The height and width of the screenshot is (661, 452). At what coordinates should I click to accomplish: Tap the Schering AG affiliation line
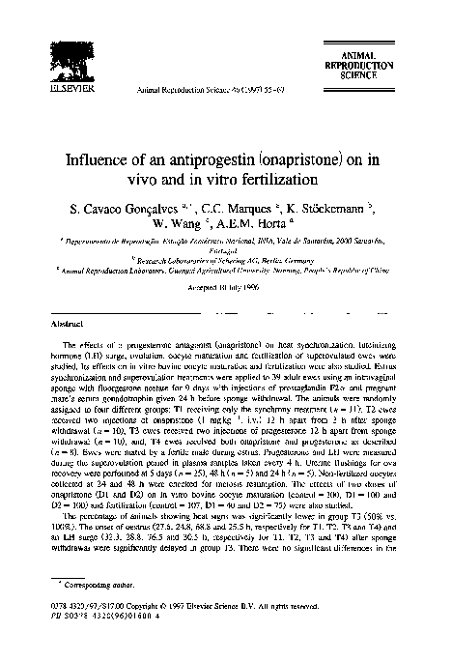(226, 260)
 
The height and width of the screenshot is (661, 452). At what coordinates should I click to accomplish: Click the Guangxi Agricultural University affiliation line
(226, 272)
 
